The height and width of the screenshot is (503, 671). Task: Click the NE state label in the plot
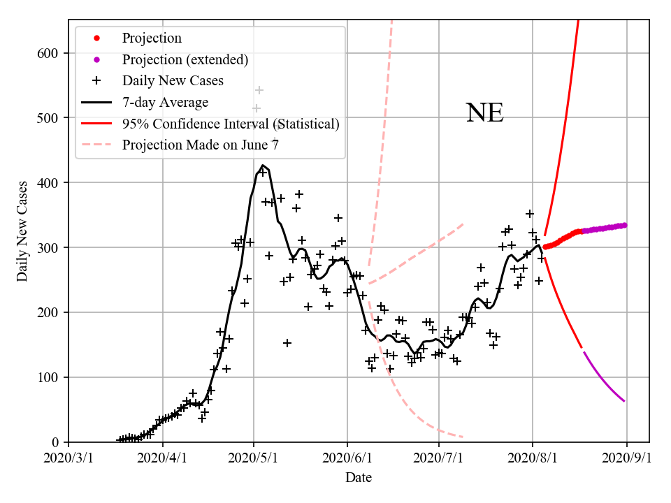tap(484, 113)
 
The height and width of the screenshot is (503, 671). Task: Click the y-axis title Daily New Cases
tap(22, 231)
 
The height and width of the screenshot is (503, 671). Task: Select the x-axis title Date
tap(358, 478)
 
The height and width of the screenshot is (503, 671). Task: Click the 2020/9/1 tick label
tap(626, 458)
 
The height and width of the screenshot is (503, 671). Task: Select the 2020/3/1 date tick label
tap(68, 458)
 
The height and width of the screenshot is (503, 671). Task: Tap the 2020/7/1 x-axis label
tap(439, 458)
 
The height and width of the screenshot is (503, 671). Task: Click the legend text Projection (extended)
tap(185, 59)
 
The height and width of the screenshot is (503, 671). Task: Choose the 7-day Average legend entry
tap(165, 103)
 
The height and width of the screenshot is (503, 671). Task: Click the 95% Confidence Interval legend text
tap(231, 124)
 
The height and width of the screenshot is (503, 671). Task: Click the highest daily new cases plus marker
tap(259, 90)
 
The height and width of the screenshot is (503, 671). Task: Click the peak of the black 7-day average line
tap(263, 166)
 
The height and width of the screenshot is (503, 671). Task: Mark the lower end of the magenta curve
tap(624, 401)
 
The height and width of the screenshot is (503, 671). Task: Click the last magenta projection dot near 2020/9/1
tap(624, 225)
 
